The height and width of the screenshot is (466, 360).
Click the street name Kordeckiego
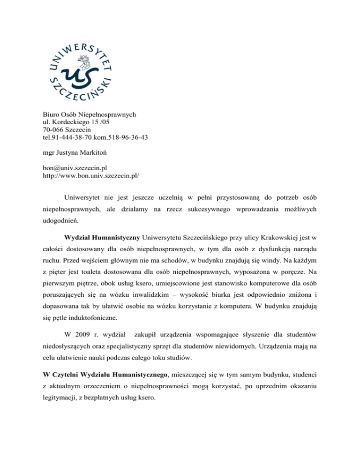[60, 121]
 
